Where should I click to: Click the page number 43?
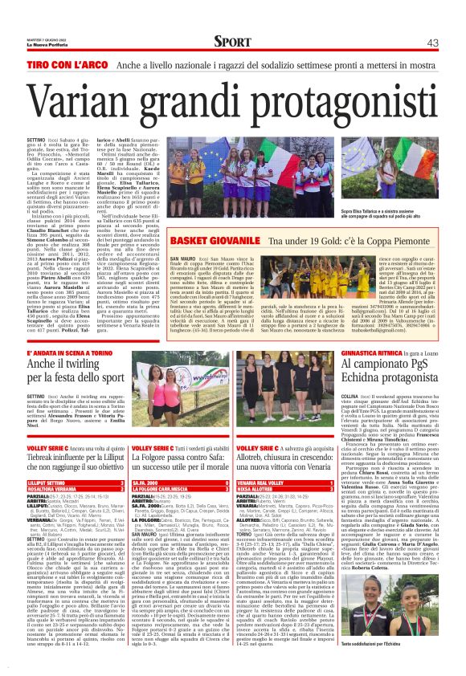(432, 43)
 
